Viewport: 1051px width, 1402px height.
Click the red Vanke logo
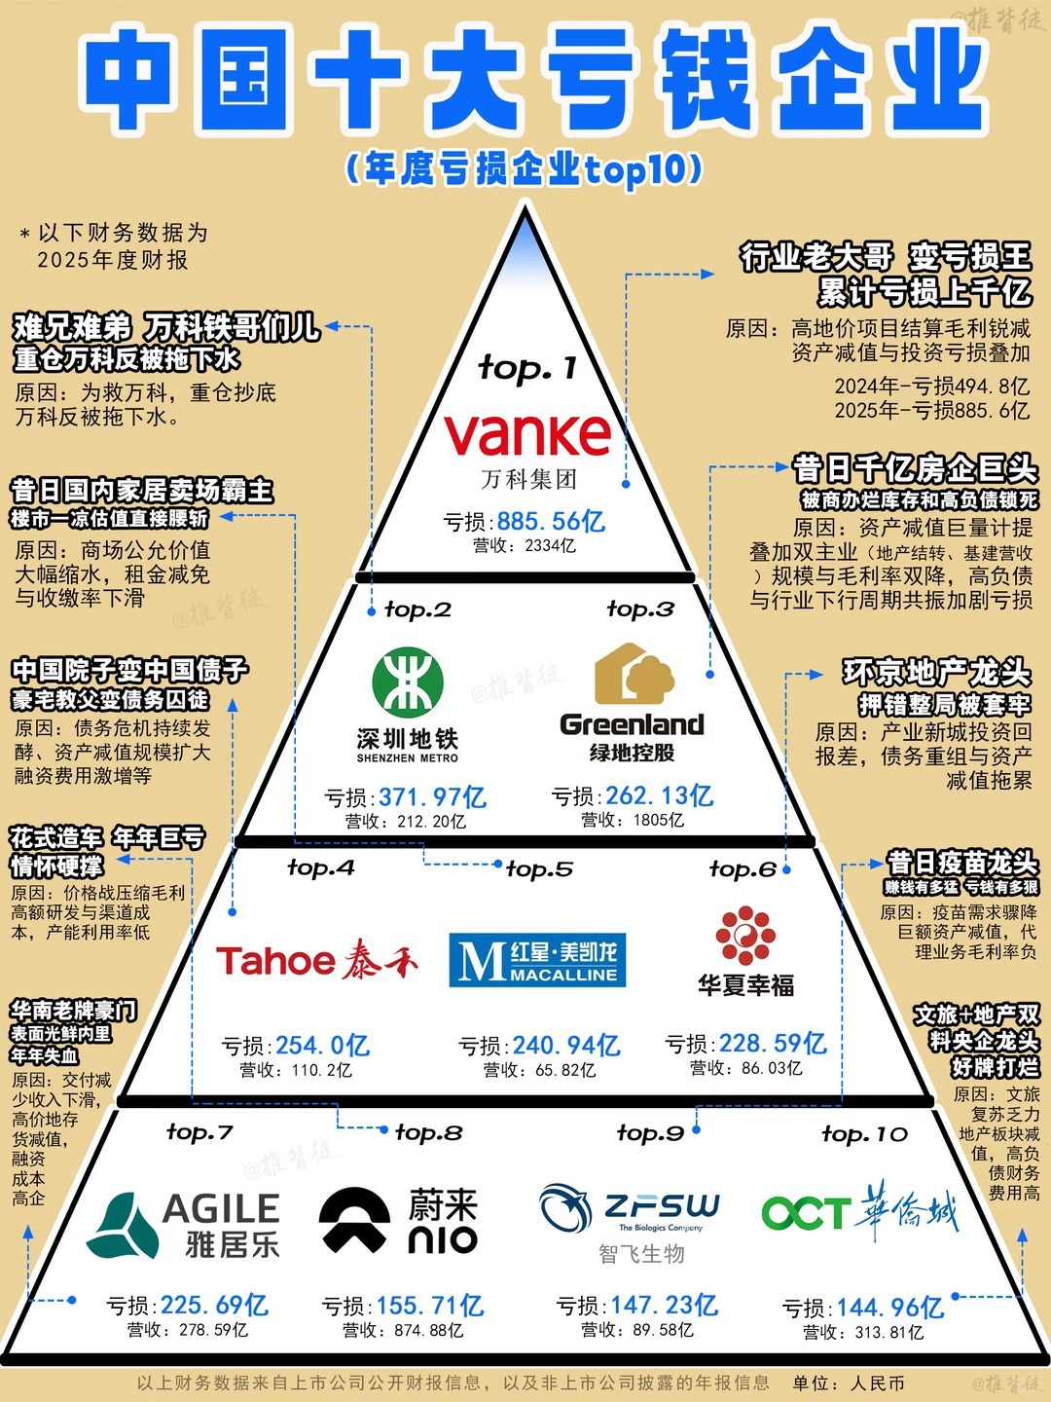pyautogui.click(x=527, y=434)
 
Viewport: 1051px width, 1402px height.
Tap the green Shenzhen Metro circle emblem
pyautogui.click(x=408, y=682)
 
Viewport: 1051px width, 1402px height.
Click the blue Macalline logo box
pyautogui.click(x=537, y=959)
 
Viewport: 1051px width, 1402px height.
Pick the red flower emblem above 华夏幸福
pyautogui.click(x=745, y=935)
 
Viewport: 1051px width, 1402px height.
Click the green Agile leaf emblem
pyautogui.click(x=122, y=1225)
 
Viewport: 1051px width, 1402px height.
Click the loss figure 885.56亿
pyautogui.click(x=552, y=522)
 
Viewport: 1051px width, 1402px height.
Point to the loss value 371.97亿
pyautogui.click(x=433, y=797)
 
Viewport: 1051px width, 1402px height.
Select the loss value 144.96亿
pyautogui.click(x=890, y=1309)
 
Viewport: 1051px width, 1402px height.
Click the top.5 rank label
pyautogui.click(x=539, y=869)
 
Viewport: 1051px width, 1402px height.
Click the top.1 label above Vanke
pyautogui.click(x=527, y=369)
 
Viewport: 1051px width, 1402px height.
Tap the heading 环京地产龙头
pyautogui.click(x=937, y=673)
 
